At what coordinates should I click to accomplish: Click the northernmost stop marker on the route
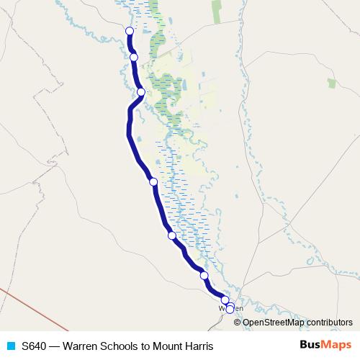130,31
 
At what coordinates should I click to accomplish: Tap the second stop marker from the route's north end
134,58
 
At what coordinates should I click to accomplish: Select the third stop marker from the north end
141,91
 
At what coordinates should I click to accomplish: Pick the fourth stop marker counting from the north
153,181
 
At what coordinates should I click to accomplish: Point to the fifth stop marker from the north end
172,235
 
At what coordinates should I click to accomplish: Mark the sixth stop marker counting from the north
204,275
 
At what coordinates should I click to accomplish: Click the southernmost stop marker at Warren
230,310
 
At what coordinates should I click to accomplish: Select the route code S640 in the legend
35,346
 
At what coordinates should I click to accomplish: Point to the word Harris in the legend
199,346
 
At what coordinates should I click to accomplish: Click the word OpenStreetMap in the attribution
274,323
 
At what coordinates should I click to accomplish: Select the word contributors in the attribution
330,323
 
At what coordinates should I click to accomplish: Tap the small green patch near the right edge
332,83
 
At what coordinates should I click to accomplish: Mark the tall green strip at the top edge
216,11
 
